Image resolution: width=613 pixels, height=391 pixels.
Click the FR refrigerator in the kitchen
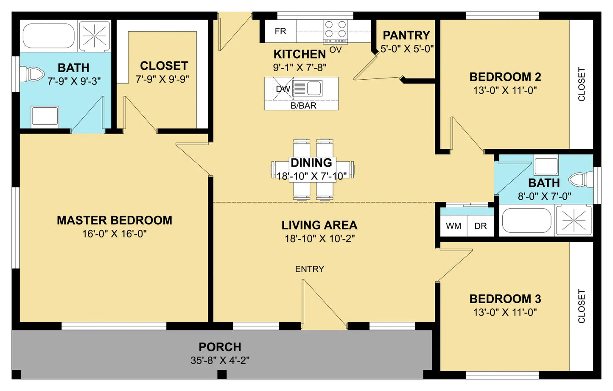pyautogui.click(x=280, y=31)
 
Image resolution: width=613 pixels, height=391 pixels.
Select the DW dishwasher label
pyautogui.click(x=283, y=89)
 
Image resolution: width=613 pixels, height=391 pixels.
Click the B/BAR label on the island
pyautogui.click(x=303, y=106)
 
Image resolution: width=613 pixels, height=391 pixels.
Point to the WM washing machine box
pyautogui.click(x=453, y=226)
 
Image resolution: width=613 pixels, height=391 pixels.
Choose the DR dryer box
pyautogui.click(x=481, y=226)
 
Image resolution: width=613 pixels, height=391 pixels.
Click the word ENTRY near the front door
pyautogui.click(x=310, y=269)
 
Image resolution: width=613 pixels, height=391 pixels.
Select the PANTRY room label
pyautogui.click(x=406, y=35)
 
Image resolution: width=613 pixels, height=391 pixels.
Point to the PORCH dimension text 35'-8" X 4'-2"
pyautogui.click(x=220, y=360)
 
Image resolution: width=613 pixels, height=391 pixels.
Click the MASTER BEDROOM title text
pyautogui.click(x=115, y=220)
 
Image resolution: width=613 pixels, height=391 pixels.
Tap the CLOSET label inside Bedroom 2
pyautogui.click(x=581, y=84)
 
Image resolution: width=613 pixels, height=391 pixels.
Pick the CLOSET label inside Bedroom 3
pyautogui.click(x=581, y=306)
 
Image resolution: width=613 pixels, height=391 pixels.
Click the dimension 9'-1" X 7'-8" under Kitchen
pyautogui.click(x=300, y=67)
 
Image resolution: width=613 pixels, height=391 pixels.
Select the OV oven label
pyautogui.click(x=336, y=50)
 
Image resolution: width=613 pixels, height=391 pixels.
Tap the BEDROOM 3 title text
pyautogui.click(x=505, y=299)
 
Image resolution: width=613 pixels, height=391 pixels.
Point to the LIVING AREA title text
pyautogui.click(x=319, y=225)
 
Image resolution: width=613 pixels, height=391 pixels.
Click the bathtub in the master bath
pyautogui.click(x=49, y=36)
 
